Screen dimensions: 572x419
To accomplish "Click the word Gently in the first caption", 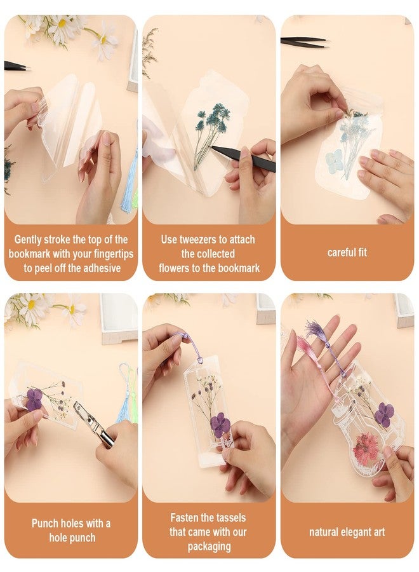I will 30,240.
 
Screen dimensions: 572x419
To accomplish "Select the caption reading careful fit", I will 347,252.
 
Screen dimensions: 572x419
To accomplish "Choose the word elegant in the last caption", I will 346,532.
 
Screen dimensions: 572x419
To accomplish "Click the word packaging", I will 209,547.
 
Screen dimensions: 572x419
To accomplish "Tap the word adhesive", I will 103,268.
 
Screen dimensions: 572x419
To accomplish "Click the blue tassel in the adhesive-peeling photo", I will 129,178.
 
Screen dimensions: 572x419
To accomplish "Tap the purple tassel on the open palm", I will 316,330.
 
